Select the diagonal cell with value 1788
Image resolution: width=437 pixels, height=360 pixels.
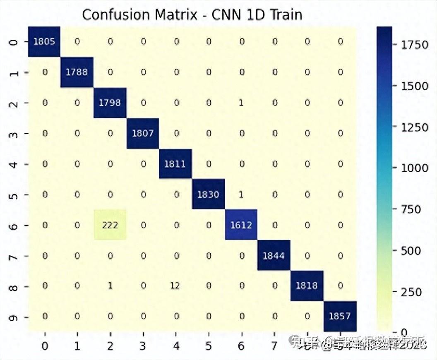point(77,72)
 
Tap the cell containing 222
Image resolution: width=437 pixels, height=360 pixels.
point(110,226)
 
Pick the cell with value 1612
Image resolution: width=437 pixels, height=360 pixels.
point(241,226)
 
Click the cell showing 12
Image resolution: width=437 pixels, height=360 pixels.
point(175,286)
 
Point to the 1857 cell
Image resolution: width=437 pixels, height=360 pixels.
point(340,317)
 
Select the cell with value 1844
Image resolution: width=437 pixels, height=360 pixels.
point(274,256)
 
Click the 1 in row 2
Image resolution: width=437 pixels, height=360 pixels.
point(241,103)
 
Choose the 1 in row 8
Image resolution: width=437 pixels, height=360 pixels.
point(110,286)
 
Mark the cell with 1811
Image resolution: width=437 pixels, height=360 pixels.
point(175,164)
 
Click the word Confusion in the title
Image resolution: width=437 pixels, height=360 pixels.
point(115,15)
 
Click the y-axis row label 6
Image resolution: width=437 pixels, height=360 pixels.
point(14,226)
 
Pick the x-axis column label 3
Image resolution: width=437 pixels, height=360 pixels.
point(143,346)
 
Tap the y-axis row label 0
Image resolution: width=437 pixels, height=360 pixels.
point(14,42)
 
